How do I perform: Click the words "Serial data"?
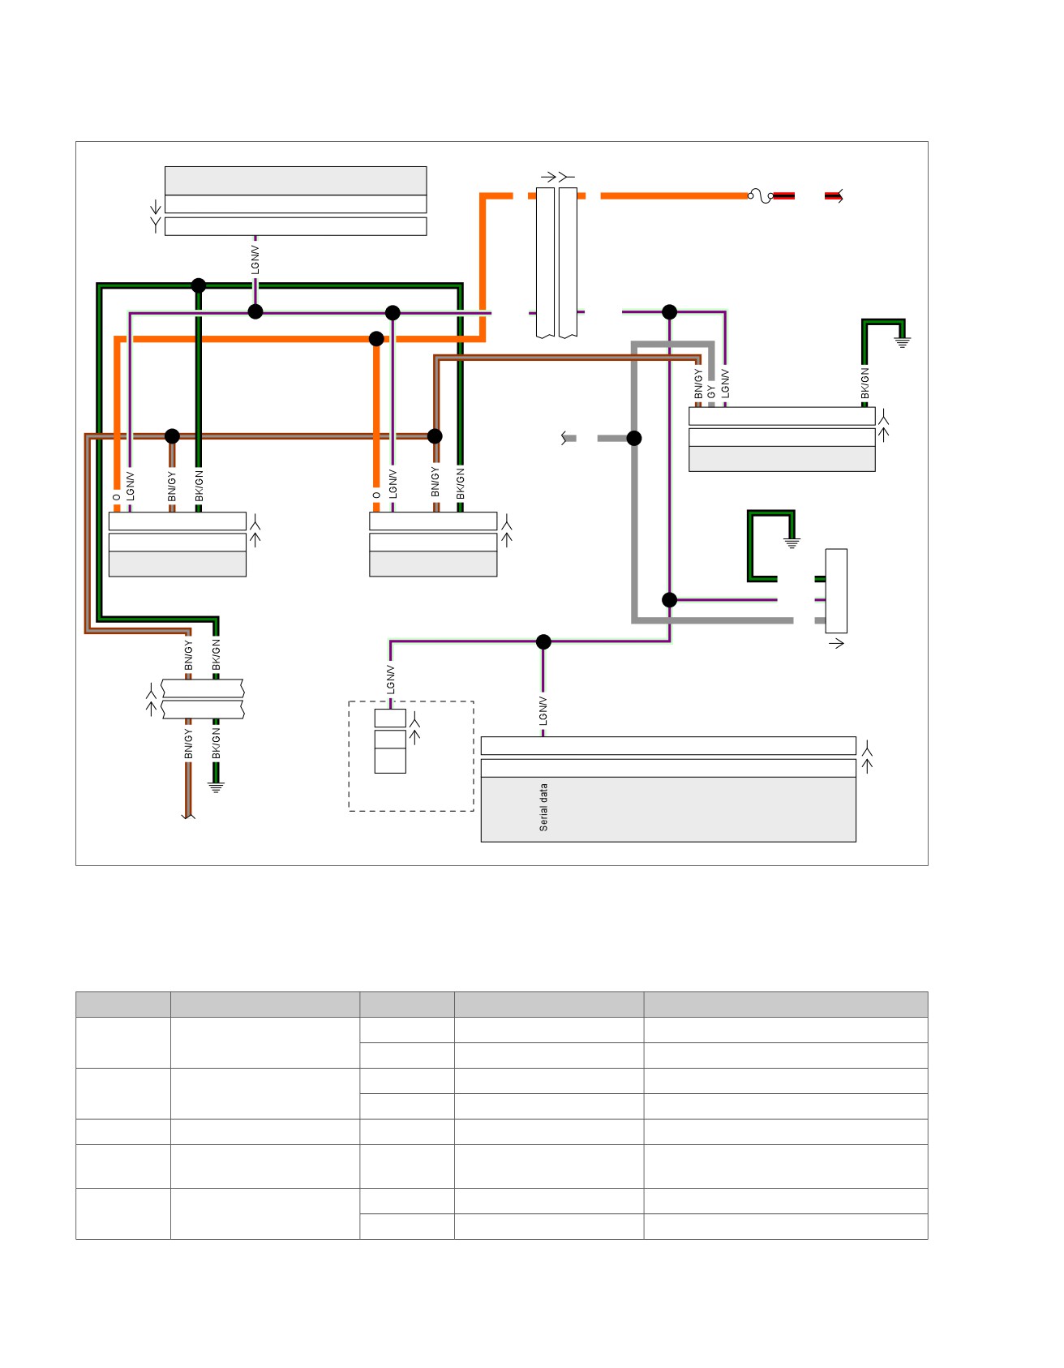(x=543, y=807)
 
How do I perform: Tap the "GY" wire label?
(x=711, y=391)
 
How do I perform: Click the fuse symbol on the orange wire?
(x=760, y=195)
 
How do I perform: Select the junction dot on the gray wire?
(x=634, y=438)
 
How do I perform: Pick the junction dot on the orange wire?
(x=376, y=339)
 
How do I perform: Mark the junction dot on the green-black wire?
(x=199, y=285)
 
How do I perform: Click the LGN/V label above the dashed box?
(x=390, y=680)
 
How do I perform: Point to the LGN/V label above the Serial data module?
(x=543, y=710)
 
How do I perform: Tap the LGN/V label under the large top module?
(x=255, y=259)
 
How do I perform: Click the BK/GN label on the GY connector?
(x=865, y=384)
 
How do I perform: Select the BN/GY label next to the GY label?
(x=697, y=384)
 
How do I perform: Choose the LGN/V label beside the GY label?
(x=725, y=384)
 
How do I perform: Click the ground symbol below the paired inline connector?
(x=216, y=787)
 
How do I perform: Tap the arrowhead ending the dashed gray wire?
(x=564, y=438)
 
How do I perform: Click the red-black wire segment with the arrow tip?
(x=834, y=195)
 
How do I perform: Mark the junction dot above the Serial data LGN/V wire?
(x=543, y=641)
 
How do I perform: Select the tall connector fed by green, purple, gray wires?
(x=836, y=591)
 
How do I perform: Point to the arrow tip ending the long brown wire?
(x=188, y=816)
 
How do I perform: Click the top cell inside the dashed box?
(x=390, y=718)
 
